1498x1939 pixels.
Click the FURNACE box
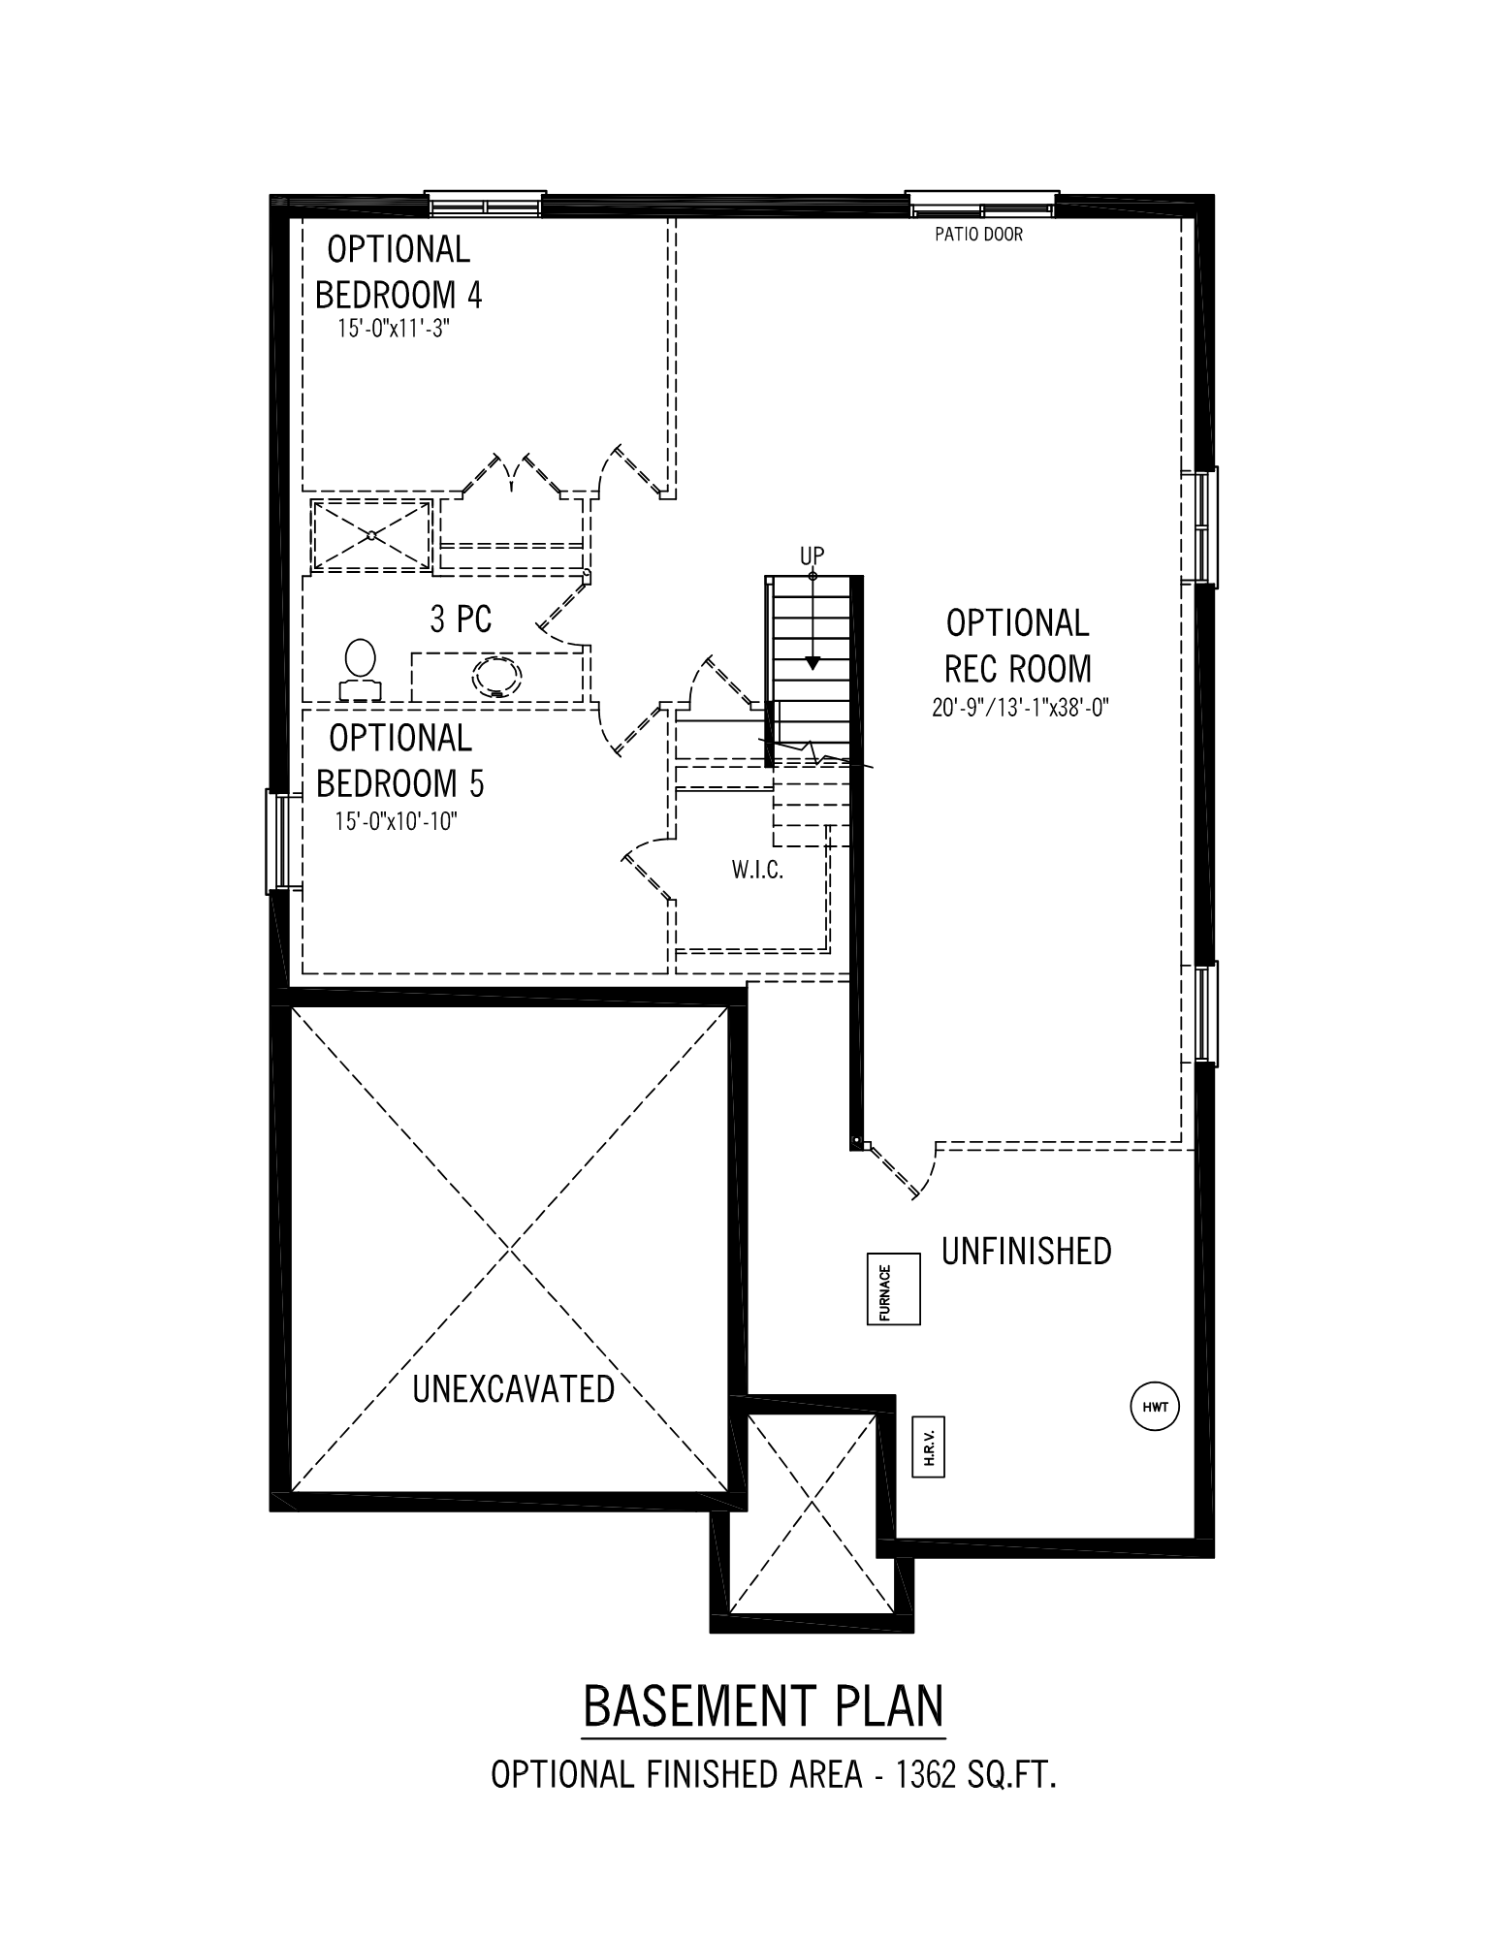[893, 1288]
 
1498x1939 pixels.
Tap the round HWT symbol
[1155, 1406]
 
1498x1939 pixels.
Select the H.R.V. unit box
[928, 1447]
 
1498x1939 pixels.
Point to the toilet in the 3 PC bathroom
[360, 669]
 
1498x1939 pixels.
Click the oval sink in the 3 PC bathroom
[496, 677]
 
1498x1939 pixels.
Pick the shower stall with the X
[371, 534]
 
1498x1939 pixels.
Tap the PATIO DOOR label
[978, 234]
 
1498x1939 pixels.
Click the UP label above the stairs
[812, 556]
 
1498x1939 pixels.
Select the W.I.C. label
[757, 870]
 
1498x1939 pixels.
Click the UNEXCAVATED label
[513, 1388]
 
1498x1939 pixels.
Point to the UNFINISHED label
[1026, 1251]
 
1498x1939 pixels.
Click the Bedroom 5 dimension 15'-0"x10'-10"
[396, 821]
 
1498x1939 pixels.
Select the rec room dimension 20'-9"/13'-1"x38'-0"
[1020, 708]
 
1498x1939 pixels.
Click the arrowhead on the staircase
[813, 664]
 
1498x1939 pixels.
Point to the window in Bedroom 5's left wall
[278, 842]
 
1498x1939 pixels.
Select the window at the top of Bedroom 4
[486, 205]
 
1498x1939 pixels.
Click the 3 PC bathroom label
[461, 619]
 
